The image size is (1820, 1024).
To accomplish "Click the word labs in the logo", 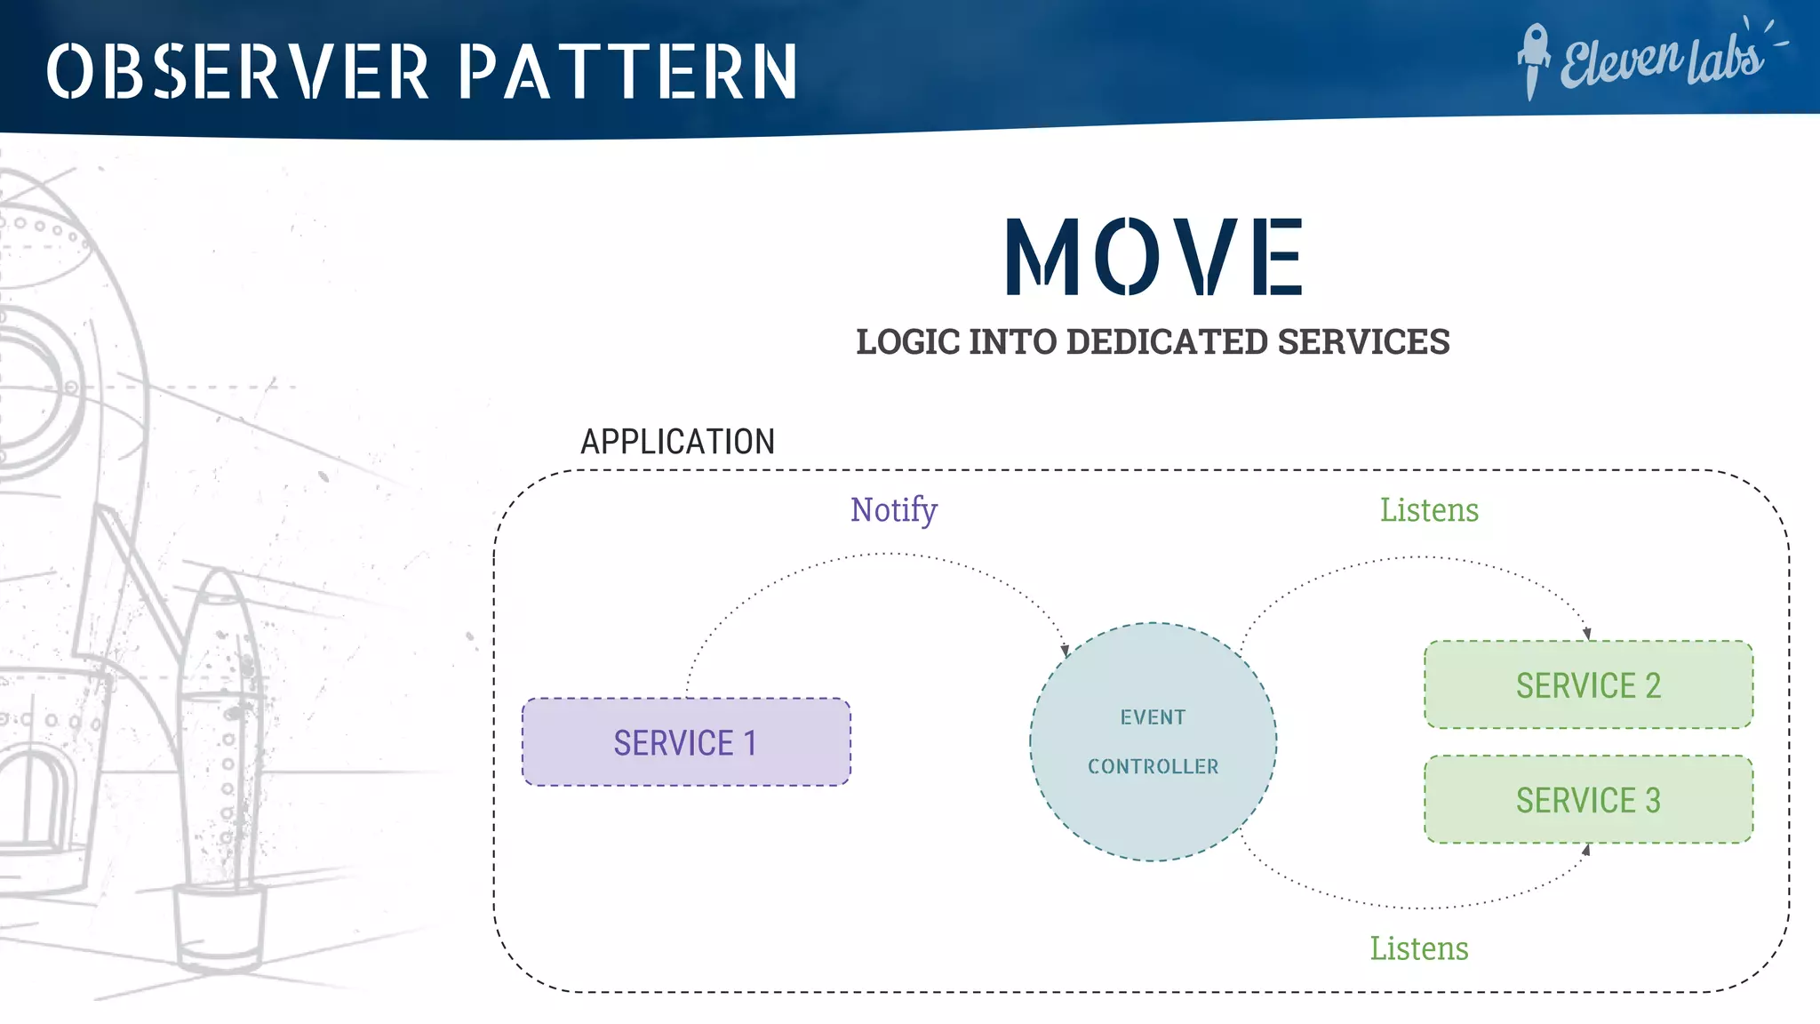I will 1724,60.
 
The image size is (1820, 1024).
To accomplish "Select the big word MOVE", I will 1153,258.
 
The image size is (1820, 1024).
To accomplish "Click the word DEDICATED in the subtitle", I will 1166,342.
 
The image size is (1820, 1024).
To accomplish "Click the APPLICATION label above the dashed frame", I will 677,442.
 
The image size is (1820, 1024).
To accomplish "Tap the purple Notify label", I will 893,510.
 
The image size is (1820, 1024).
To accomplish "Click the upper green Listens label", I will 1429,510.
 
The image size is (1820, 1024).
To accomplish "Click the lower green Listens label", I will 1418,948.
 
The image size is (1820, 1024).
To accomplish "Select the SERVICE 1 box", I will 685,742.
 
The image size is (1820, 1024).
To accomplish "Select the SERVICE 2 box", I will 1588,685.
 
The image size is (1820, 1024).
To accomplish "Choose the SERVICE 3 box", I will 1588,800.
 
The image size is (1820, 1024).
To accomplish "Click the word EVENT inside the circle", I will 1153,717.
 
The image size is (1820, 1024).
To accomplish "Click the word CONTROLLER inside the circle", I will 1153,766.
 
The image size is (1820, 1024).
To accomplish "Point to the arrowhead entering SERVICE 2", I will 1587,634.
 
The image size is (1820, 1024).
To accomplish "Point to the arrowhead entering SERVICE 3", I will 1586,850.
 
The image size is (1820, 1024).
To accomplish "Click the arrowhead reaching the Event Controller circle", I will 1065,652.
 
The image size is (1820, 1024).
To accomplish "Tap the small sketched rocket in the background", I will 221,764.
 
